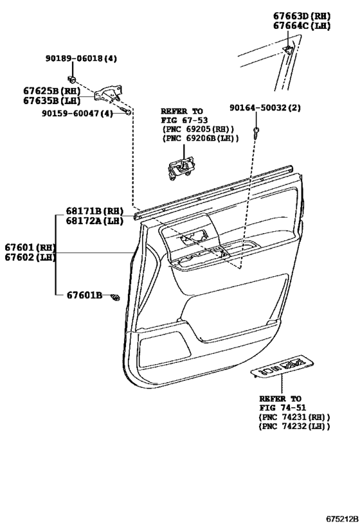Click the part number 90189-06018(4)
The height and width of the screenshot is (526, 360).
81,58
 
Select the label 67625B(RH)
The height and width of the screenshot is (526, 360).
51,91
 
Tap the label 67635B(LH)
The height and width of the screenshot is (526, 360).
51,101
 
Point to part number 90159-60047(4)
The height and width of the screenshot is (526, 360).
77,114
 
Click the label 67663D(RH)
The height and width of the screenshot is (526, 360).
301,16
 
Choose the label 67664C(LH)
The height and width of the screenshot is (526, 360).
301,26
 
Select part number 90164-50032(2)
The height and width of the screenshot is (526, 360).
265,108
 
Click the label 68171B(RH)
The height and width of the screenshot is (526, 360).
94,211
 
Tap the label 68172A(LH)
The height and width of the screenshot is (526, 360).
94,221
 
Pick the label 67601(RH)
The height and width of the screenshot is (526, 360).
30,247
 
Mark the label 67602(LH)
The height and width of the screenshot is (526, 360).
30,258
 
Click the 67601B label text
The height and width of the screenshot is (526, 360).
84,295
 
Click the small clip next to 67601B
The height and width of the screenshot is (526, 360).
115,297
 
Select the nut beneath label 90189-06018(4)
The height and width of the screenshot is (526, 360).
71,79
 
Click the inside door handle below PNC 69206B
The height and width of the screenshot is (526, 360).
180,168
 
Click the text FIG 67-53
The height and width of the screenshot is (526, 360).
184,120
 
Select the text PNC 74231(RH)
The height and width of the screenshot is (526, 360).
294,417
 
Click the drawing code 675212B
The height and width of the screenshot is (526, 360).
342,519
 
